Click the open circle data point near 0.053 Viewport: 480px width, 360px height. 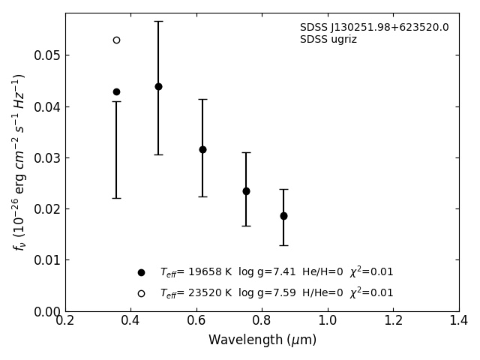pyautogui.click(x=116, y=40)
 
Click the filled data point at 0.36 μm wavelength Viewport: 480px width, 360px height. pyautogui.click(x=116, y=91)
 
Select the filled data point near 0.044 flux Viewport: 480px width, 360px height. pyautogui.click(x=158, y=86)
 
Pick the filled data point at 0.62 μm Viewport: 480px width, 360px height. pyautogui.click(x=202, y=149)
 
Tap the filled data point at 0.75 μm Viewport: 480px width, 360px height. pyautogui.click(x=246, y=191)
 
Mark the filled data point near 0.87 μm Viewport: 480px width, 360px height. pyautogui.click(x=283, y=216)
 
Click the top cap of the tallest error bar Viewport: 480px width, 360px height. pyautogui.click(x=158, y=21)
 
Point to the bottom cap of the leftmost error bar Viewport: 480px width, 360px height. pyautogui.click(x=116, y=198)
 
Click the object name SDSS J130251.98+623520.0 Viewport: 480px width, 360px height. pyautogui.click(x=374, y=28)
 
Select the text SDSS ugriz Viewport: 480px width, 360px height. pyautogui.click(x=328, y=40)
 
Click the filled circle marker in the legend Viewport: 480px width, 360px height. pyautogui.click(x=141, y=272)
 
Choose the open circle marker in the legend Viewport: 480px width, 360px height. pyautogui.click(x=141, y=293)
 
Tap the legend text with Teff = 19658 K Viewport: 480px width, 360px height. pyautogui.click(x=276, y=272)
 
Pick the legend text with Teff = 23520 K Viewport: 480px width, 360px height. pyautogui.click(x=276, y=293)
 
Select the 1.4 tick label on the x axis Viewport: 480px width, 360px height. pyautogui.click(x=459, y=321)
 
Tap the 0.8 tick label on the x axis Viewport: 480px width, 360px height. pyautogui.click(x=262, y=321)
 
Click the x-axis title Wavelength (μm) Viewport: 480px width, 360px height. pyautogui.click(x=262, y=340)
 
